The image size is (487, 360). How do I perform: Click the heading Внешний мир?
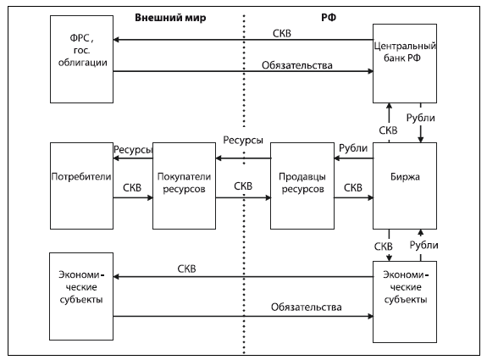170,18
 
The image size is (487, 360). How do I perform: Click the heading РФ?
329,18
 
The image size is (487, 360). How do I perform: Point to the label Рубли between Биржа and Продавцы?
353,148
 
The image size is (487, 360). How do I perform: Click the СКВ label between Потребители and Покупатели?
132,187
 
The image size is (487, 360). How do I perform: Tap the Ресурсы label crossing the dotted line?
243,140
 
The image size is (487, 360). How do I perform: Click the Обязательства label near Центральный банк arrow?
297,65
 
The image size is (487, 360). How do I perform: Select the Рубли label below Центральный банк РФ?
421,118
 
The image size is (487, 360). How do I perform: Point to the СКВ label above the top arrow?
282,33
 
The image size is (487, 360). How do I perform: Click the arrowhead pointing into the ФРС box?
116,40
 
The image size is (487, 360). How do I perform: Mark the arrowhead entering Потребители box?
116,158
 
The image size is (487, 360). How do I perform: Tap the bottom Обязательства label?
307,307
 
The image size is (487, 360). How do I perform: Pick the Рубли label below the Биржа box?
423,245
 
